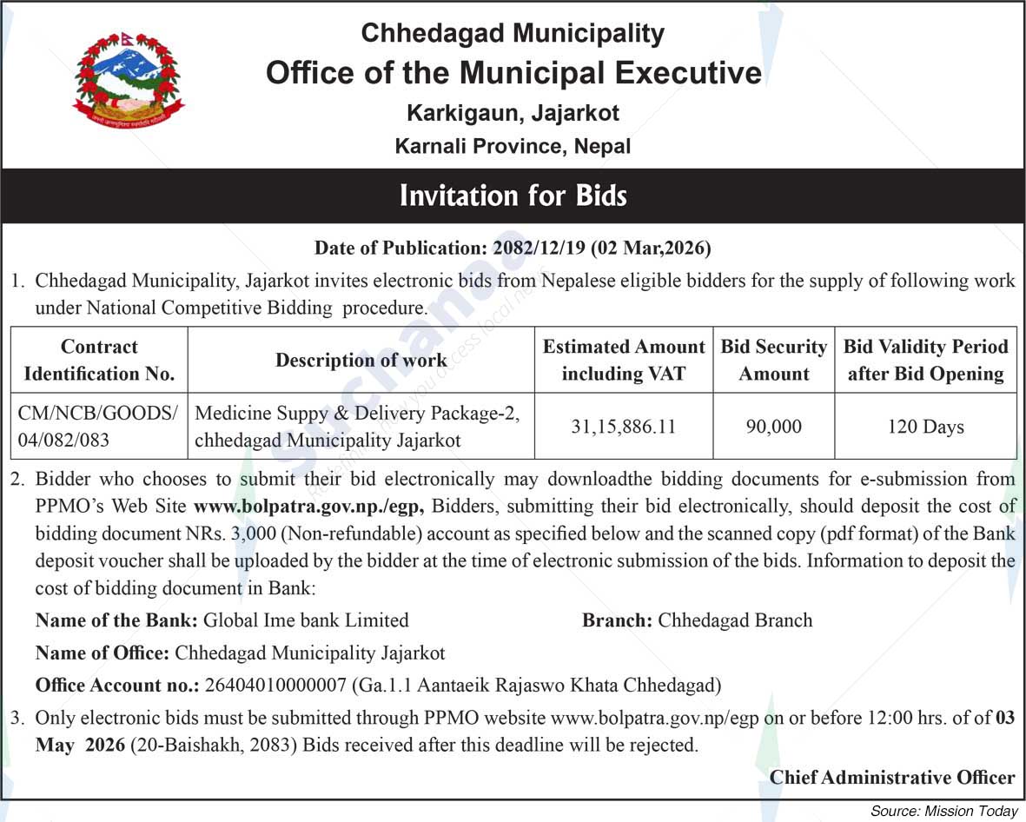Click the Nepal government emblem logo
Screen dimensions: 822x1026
pyautogui.click(x=129, y=82)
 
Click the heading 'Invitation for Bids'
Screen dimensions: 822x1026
pyautogui.click(x=513, y=195)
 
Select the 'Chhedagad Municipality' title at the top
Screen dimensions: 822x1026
pyautogui.click(x=513, y=33)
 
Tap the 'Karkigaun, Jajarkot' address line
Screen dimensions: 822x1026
pyautogui.click(x=513, y=113)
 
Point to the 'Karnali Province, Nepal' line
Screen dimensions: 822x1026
pyautogui.click(x=513, y=146)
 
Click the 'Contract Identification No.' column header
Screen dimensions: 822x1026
pyautogui.click(x=99, y=360)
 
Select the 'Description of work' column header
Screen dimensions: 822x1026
pyautogui.click(x=361, y=360)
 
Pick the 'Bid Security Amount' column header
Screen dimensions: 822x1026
pyautogui.click(x=773, y=360)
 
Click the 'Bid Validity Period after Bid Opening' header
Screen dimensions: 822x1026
pyautogui.click(x=925, y=360)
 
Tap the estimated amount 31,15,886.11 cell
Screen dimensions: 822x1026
pyautogui.click(x=623, y=427)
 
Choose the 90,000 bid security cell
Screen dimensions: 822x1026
pyautogui.click(x=773, y=427)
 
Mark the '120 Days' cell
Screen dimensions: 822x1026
pyautogui.click(x=925, y=427)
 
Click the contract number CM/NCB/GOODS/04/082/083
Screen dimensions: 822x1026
pyautogui.click(x=97, y=426)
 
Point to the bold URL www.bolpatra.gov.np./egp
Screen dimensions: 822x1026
pyautogui.click(x=308, y=506)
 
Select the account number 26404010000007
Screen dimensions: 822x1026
pyautogui.click(x=275, y=685)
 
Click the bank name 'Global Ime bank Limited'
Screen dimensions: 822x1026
pyautogui.click(x=305, y=620)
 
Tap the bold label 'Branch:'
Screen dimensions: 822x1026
pyautogui.click(x=617, y=620)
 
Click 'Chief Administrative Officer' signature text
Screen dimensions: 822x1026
pyautogui.click(x=892, y=777)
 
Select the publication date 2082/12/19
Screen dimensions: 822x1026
pyautogui.click(x=539, y=249)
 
